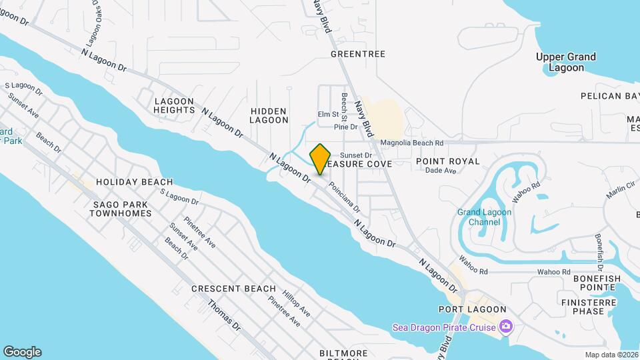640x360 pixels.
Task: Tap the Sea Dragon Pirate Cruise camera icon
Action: (x=506, y=327)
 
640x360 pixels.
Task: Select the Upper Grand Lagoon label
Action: (x=566, y=62)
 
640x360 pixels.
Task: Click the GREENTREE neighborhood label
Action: (x=358, y=53)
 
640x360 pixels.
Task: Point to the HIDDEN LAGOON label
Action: (x=269, y=115)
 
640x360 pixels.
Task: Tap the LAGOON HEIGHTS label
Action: (x=174, y=106)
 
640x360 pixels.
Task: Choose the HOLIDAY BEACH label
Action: (x=134, y=181)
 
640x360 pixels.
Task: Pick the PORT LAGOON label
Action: (x=472, y=309)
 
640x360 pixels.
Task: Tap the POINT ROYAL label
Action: (x=447, y=161)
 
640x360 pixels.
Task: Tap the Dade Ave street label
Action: (x=441, y=171)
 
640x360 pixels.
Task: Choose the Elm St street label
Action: (x=328, y=115)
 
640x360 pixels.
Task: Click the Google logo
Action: (x=22, y=352)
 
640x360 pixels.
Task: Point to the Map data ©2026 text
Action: (x=611, y=355)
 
